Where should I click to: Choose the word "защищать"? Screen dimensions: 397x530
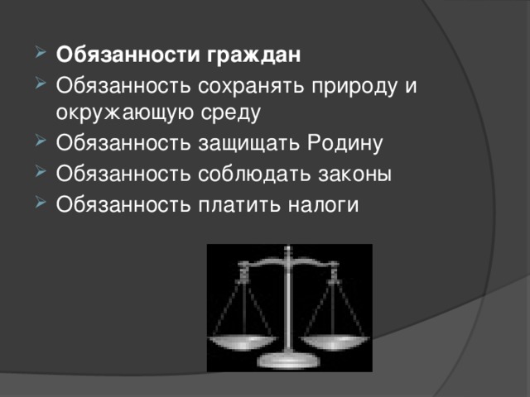coord(238,144)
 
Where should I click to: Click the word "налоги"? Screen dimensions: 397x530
coord(319,203)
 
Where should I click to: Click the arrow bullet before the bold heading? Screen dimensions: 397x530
coord(41,56)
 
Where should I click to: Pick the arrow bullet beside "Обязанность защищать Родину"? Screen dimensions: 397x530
coord(41,144)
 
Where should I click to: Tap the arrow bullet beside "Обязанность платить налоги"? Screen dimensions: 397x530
coord(41,203)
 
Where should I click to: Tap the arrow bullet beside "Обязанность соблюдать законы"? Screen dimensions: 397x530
coord(41,174)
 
